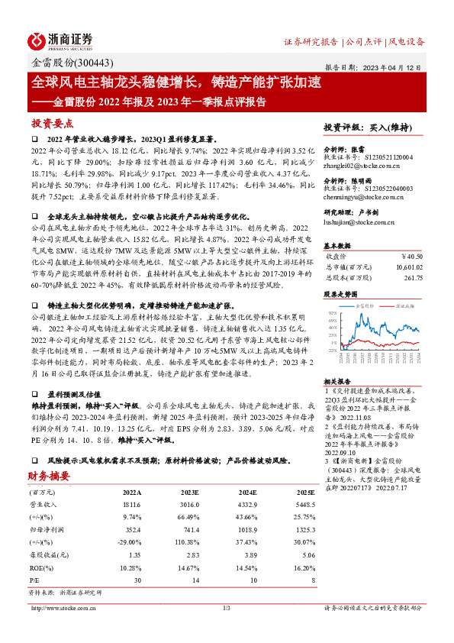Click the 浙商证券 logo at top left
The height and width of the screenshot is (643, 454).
click(60, 40)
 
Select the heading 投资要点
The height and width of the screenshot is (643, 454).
click(52, 124)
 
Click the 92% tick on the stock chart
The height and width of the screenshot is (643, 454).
click(332, 312)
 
